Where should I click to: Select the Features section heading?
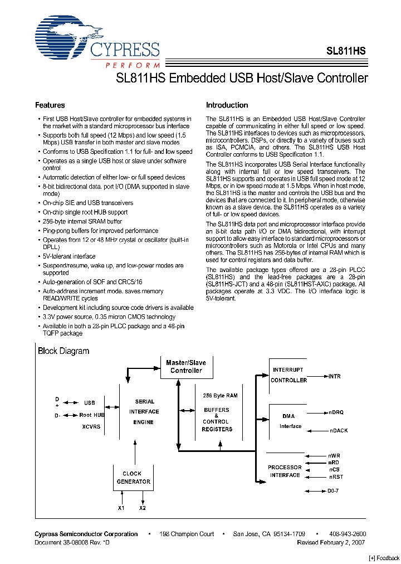click(50, 105)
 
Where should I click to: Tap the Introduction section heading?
click(227, 105)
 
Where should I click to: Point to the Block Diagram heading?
click(63, 351)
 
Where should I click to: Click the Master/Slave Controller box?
click(186, 367)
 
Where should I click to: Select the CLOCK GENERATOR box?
click(133, 478)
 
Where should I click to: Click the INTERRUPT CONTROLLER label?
click(288, 375)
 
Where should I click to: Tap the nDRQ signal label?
click(336, 412)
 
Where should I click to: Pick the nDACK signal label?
click(338, 431)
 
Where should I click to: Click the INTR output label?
click(334, 377)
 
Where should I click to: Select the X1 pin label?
click(121, 508)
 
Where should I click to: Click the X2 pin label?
click(143, 508)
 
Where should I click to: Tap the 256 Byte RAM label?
click(221, 396)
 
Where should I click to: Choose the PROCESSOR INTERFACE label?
click(285, 471)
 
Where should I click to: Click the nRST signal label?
click(336, 477)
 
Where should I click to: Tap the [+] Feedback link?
click(384, 558)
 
